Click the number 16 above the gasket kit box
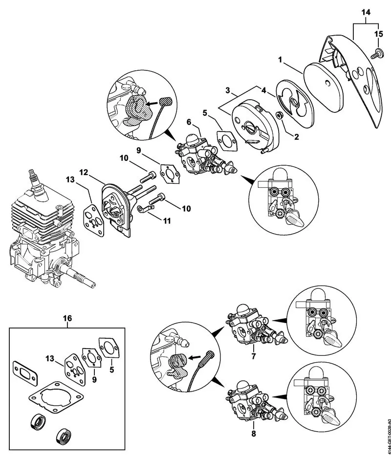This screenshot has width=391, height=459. (67, 318)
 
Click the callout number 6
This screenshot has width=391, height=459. (189, 121)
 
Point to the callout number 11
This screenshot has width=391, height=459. (167, 220)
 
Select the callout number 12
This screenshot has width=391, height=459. (84, 172)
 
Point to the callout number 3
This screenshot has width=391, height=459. (227, 91)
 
